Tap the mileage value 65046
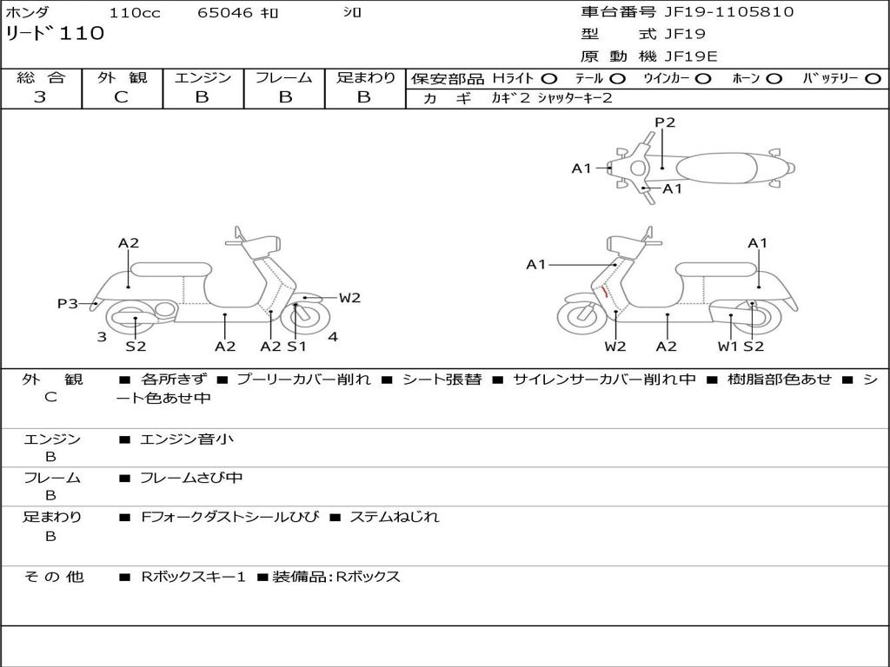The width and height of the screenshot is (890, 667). click(x=225, y=13)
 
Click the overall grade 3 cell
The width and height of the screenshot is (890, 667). click(x=40, y=97)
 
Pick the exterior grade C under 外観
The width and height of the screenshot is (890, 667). click(x=121, y=97)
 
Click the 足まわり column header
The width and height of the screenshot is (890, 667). click(x=365, y=78)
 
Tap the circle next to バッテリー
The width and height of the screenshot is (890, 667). click(x=873, y=79)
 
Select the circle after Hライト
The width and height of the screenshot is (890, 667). click(x=549, y=79)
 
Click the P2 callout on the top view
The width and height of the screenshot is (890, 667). click(x=665, y=122)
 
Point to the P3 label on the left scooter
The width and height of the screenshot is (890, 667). click(x=68, y=304)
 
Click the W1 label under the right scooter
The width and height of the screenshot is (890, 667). click(x=727, y=347)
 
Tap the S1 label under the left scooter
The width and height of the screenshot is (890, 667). click(x=297, y=347)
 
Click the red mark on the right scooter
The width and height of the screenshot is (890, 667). click(x=603, y=291)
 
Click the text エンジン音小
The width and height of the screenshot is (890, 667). click(x=187, y=439)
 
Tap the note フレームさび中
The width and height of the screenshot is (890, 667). click(x=191, y=478)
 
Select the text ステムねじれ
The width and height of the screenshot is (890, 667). click(x=394, y=517)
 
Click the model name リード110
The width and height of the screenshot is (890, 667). click(x=55, y=34)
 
